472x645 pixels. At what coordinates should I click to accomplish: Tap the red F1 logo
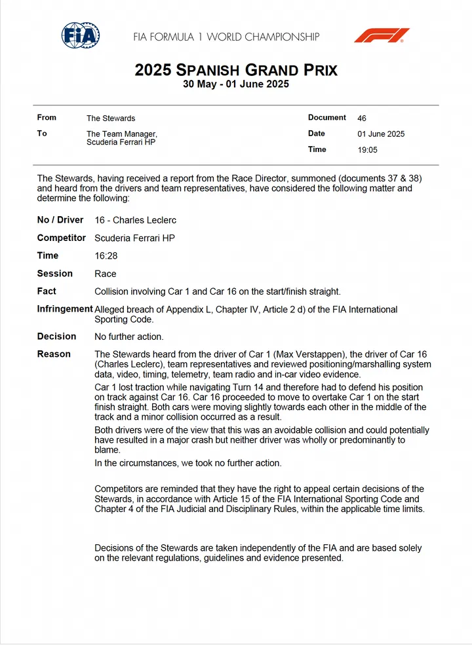[382, 35]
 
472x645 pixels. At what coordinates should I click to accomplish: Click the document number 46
[362, 119]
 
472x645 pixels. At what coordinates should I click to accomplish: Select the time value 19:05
[367, 150]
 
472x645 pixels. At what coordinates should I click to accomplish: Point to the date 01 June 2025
[381, 134]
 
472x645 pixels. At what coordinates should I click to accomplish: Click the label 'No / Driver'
[60, 220]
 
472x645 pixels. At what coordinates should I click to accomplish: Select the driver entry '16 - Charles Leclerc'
[136, 221]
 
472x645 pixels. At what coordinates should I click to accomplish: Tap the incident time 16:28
[106, 256]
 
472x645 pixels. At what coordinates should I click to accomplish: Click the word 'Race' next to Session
[106, 274]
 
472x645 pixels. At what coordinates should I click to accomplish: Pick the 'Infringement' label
[65, 309]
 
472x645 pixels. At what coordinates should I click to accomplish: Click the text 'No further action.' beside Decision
[129, 337]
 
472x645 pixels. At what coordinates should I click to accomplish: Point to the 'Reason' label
[54, 354]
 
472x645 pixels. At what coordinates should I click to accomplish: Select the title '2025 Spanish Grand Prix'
[236, 70]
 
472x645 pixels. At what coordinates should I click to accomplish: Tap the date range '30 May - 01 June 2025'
[236, 84]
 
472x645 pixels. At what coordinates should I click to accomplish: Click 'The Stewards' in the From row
[111, 119]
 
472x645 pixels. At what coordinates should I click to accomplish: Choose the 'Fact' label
[47, 291]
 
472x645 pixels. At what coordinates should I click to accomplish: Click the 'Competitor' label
[62, 238]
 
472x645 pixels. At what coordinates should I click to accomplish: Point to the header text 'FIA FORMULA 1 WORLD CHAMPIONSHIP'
[226, 37]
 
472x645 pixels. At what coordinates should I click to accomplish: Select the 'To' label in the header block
[42, 134]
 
